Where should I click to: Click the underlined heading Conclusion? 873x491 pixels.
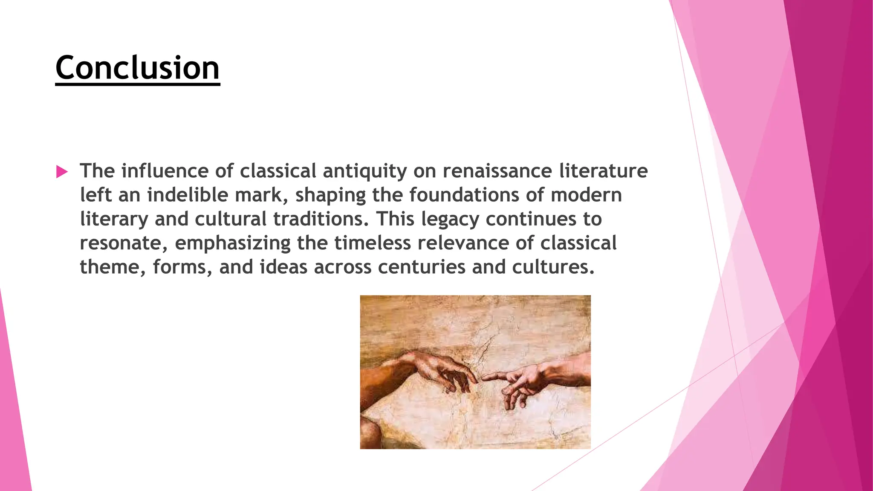[x=137, y=68]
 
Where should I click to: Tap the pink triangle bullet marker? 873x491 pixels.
[x=62, y=172]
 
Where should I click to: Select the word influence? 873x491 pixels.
[x=165, y=171]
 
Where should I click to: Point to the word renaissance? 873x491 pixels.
[x=497, y=171]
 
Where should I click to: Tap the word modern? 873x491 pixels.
[x=586, y=195]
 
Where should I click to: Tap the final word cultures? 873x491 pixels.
[x=553, y=267]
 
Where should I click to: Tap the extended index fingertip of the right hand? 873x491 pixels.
[x=484, y=378]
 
